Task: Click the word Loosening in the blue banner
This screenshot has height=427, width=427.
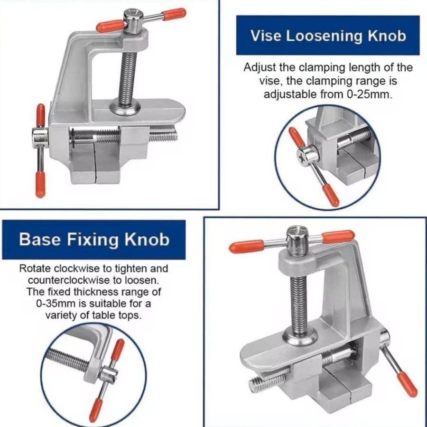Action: [324, 36]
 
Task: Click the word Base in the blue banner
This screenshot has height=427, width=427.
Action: [40, 240]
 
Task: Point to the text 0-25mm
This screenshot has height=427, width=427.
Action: [370, 94]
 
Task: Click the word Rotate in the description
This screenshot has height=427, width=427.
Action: [35, 269]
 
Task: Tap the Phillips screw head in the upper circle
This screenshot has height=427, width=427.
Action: [301, 157]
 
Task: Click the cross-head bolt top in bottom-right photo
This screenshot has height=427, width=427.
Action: [296, 232]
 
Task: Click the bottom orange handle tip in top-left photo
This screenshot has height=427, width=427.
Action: [40, 184]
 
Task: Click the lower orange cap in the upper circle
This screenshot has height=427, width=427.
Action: [331, 195]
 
